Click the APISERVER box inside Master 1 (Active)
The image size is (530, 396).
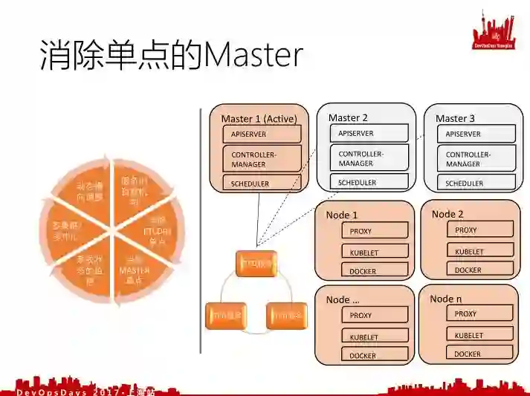(x=262, y=134)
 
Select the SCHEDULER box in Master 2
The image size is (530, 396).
(x=369, y=182)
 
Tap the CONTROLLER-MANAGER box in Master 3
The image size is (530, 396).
(x=476, y=159)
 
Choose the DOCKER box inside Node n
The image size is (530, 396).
(x=475, y=354)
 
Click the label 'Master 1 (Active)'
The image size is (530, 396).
(x=259, y=118)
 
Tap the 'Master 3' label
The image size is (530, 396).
(x=456, y=118)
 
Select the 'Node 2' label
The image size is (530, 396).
(x=447, y=214)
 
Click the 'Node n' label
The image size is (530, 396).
(x=446, y=298)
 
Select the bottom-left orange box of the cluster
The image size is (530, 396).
(x=224, y=316)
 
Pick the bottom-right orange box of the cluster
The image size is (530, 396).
(x=286, y=316)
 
